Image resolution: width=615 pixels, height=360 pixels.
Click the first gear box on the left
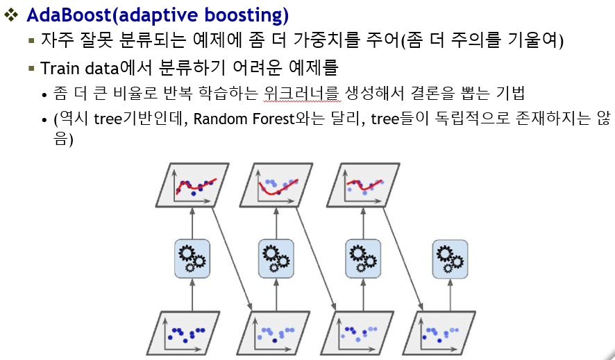click(x=191, y=257)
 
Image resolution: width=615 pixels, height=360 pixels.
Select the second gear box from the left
click(x=277, y=257)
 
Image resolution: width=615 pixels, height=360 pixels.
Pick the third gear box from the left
click(x=363, y=257)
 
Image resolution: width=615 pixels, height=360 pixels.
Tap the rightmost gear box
click(x=450, y=257)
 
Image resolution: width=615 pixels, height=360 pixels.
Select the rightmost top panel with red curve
click(x=362, y=185)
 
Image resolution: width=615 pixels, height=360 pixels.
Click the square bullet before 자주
click(x=31, y=40)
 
